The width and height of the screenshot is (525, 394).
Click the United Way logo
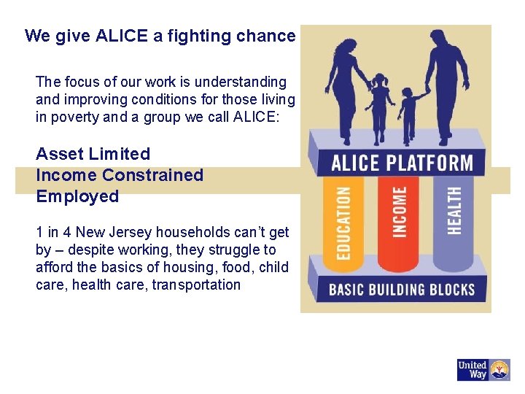click(483, 370)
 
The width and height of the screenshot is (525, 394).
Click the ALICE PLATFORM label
click(401, 162)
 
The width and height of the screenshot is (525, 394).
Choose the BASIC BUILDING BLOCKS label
click(402, 289)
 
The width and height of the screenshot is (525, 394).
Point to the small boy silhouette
click(411, 113)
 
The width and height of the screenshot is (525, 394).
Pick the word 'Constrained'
click(152, 175)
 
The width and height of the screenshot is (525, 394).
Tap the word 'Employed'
click(77, 196)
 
